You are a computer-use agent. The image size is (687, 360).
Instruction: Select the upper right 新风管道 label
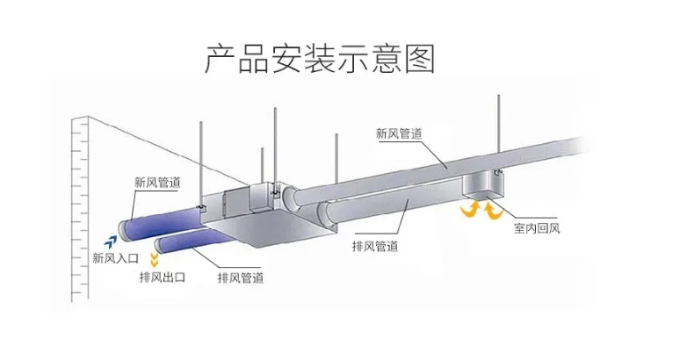pos(400,133)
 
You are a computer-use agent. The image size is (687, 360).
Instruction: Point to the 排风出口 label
pos(163,277)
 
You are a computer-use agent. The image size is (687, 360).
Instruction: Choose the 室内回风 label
pos(538,231)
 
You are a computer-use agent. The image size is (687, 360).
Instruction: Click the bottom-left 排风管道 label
pos(240,277)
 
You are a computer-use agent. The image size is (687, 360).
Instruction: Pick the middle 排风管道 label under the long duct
pos(374,246)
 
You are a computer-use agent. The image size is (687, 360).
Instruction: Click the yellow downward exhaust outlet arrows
pos(155,258)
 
